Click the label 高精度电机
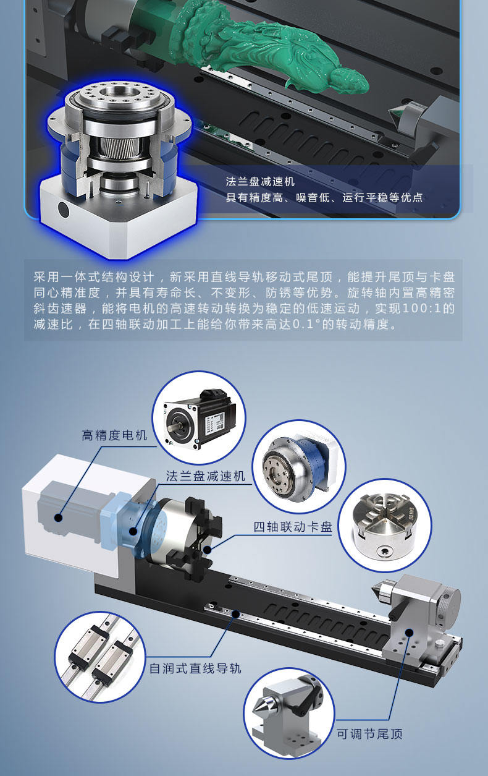(114, 435)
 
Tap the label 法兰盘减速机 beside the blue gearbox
(205, 476)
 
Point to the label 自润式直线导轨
(195, 668)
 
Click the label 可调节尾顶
(369, 735)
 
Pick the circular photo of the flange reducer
(298, 464)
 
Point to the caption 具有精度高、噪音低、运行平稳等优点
(324, 198)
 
